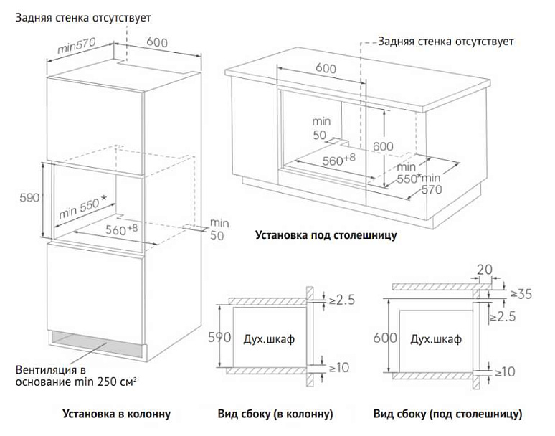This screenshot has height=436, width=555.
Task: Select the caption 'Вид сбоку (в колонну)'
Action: (275, 414)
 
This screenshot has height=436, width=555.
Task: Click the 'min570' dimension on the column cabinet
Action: (76, 48)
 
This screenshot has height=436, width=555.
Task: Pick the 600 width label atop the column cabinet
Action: (157, 42)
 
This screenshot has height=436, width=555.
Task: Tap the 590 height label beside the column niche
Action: (28, 198)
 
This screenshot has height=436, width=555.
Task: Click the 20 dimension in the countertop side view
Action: (485, 269)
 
